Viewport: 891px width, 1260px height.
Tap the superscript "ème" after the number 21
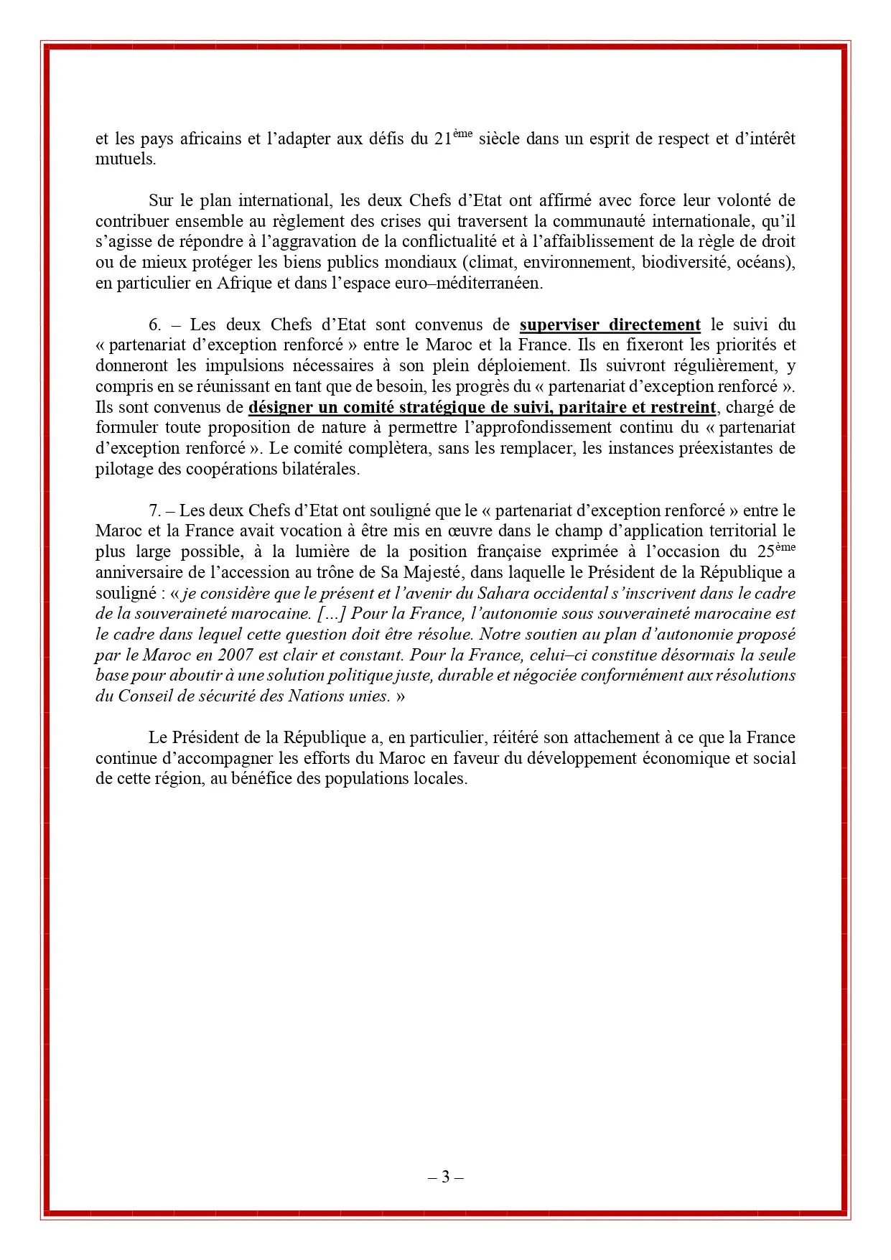pos(463,134)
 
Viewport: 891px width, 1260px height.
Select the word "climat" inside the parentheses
pos(490,262)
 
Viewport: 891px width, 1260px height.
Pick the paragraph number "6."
pos(155,325)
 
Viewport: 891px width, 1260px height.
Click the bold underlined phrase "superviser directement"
pos(610,325)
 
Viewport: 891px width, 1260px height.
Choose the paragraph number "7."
pos(155,511)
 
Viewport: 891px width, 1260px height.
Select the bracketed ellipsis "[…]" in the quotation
pos(332,615)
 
